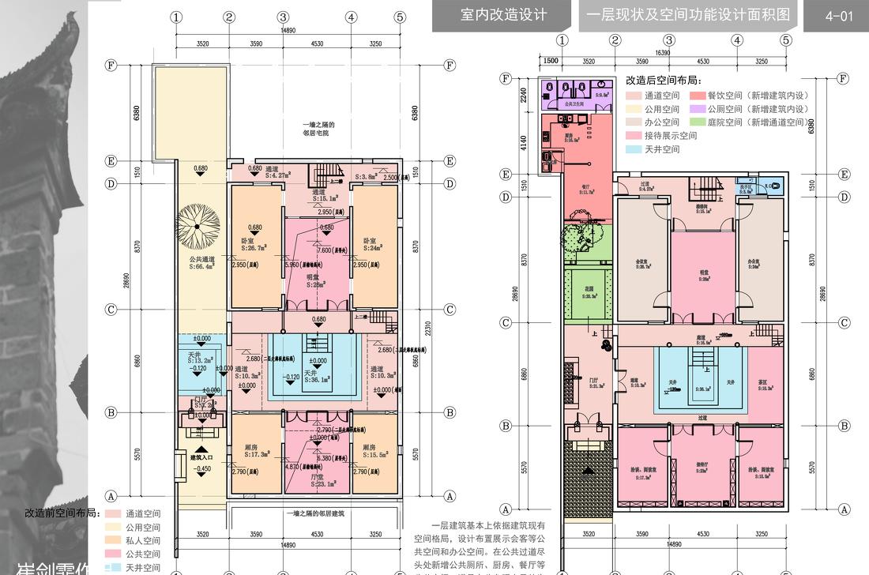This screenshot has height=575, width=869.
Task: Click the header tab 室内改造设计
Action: (503, 16)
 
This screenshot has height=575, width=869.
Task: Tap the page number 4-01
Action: (838, 16)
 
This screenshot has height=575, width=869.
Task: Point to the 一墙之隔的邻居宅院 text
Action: (318, 129)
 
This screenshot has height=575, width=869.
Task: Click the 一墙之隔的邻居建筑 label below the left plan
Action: (319, 513)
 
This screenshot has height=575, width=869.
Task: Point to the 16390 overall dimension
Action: (668, 52)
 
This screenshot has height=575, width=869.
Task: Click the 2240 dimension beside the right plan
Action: (522, 96)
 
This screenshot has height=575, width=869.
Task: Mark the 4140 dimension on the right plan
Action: (522, 143)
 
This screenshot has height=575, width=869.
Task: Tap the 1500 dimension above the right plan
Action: (551, 60)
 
